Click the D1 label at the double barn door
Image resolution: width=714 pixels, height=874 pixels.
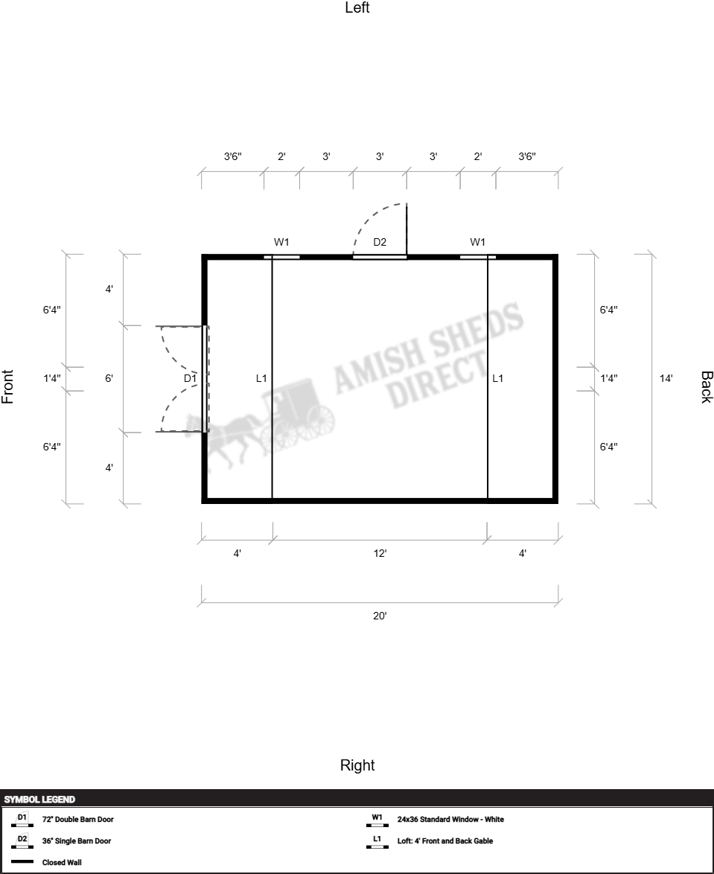click(x=190, y=378)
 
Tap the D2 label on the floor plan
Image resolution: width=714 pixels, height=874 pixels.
click(x=380, y=242)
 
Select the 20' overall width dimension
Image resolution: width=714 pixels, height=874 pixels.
click(x=380, y=616)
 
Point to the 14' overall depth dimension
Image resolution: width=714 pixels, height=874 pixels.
click(x=666, y=378)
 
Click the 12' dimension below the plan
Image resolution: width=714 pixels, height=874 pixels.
click(x=380, y=553)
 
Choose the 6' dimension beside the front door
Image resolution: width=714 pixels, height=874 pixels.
click(x=109, y=378)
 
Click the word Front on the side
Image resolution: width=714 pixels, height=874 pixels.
click(x=7, y=387)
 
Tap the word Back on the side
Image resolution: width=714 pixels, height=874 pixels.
click(x=707, y=387)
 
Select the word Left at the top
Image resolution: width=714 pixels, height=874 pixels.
click(x=357, y=7)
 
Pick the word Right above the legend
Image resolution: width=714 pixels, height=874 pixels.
click(x=357, y=765)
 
